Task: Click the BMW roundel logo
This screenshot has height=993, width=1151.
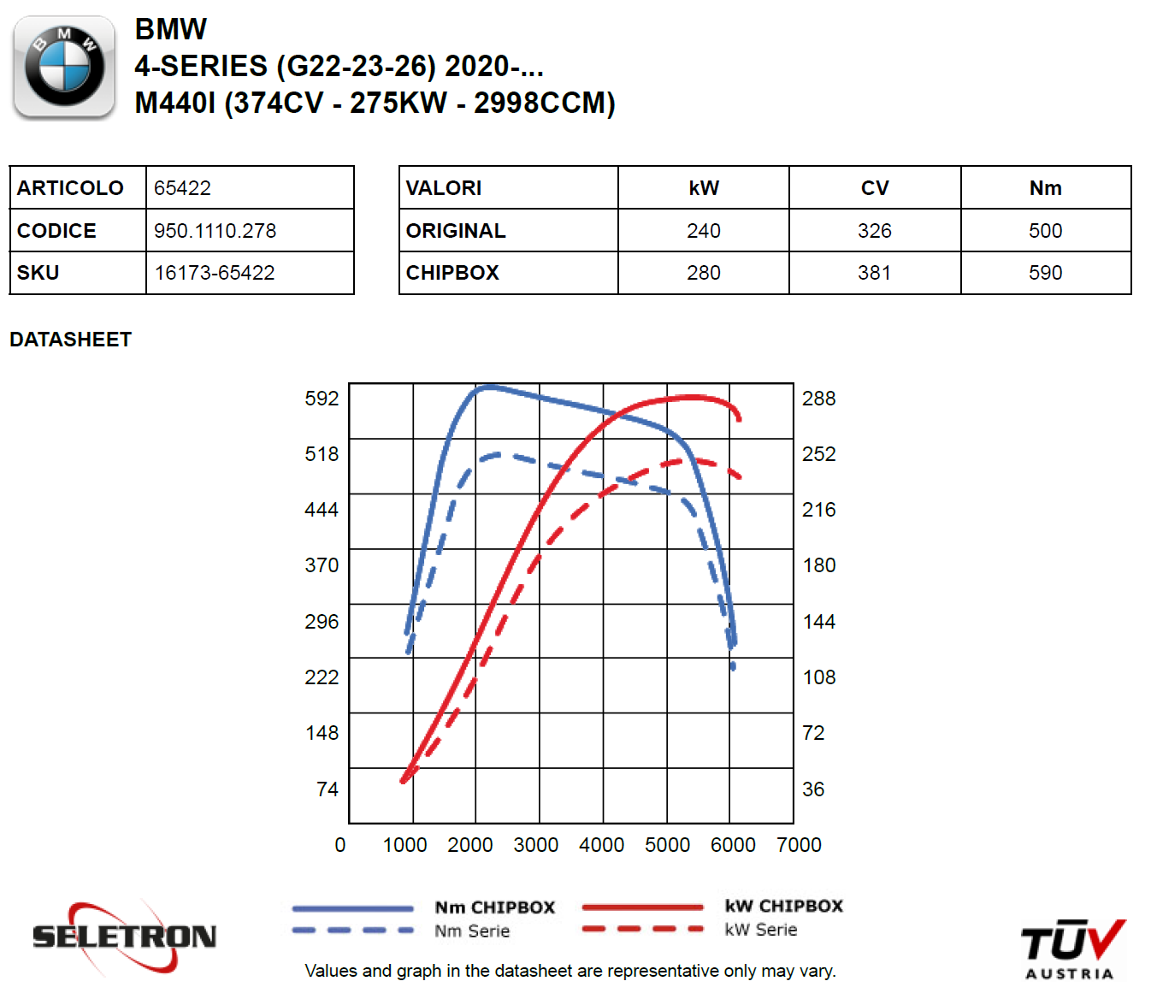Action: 64,66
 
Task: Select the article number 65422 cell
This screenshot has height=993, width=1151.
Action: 182,188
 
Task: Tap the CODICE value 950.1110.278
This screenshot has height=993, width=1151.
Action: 215,231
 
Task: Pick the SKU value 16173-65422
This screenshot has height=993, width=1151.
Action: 214,273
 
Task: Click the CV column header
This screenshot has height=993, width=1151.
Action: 874,188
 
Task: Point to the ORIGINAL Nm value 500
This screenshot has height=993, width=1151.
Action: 1045,231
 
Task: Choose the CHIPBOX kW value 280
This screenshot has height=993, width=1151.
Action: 703,273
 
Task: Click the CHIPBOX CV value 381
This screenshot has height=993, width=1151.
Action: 874,273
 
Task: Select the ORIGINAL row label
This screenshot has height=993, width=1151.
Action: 456,231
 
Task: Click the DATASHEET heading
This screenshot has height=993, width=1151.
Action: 70,340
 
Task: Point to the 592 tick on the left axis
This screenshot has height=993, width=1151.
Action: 322,399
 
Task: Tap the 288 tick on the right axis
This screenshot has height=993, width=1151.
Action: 818,399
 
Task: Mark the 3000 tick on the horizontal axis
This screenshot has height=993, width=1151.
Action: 535,845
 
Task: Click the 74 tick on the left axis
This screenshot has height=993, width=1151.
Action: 327,789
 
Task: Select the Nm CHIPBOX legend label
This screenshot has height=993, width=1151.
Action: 494,907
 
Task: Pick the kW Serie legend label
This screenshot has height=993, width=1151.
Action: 760,930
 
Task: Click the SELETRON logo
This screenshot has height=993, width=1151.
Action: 124,937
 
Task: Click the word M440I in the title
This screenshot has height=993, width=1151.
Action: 175,103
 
